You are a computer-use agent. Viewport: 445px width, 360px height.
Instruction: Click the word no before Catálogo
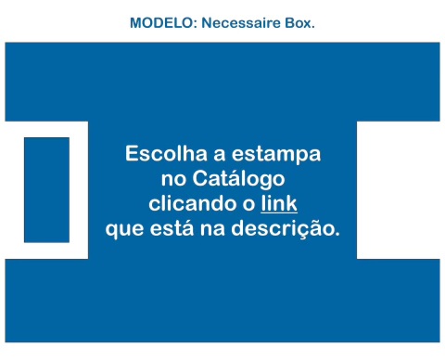173,178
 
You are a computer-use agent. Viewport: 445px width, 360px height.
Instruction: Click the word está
178,226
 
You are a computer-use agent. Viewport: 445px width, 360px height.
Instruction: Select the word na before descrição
226,227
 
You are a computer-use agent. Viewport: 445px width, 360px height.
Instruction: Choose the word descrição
295,227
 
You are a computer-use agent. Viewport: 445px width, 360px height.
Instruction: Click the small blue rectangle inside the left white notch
46,189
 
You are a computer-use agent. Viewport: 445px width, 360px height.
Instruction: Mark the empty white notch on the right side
398,189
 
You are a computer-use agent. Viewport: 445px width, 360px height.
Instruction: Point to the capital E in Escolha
133,153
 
